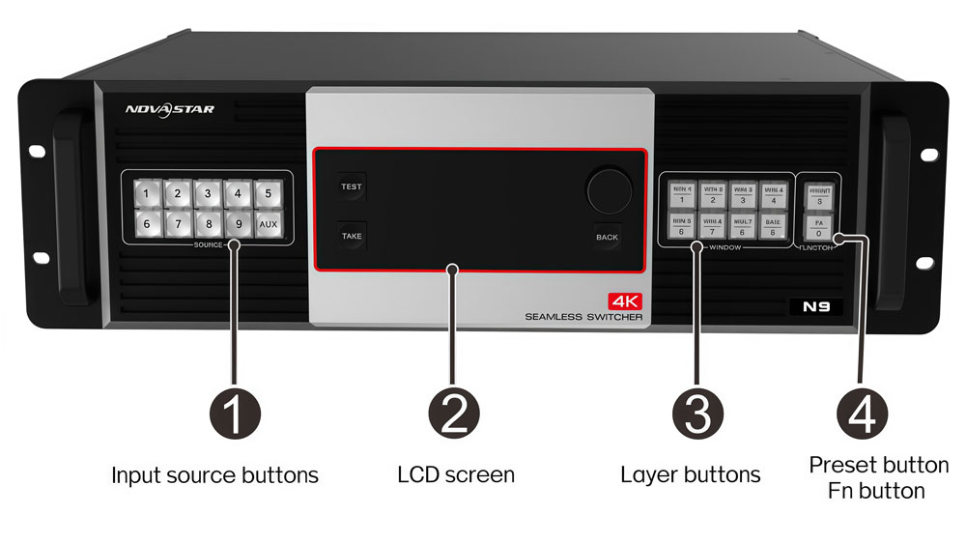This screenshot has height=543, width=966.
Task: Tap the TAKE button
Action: (351, 235)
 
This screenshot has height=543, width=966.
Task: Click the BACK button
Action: (607, 237)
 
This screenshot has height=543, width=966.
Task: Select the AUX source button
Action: (269, 224)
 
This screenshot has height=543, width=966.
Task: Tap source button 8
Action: (208, 224)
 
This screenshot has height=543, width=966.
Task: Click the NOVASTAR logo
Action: (169, 109)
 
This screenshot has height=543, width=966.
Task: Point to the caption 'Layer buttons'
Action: (690, 474)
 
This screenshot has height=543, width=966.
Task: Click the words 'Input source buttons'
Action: (214, 474)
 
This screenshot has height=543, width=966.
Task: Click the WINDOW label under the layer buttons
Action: (724, 248)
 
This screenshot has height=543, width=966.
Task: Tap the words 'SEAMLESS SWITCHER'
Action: (583, 317)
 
